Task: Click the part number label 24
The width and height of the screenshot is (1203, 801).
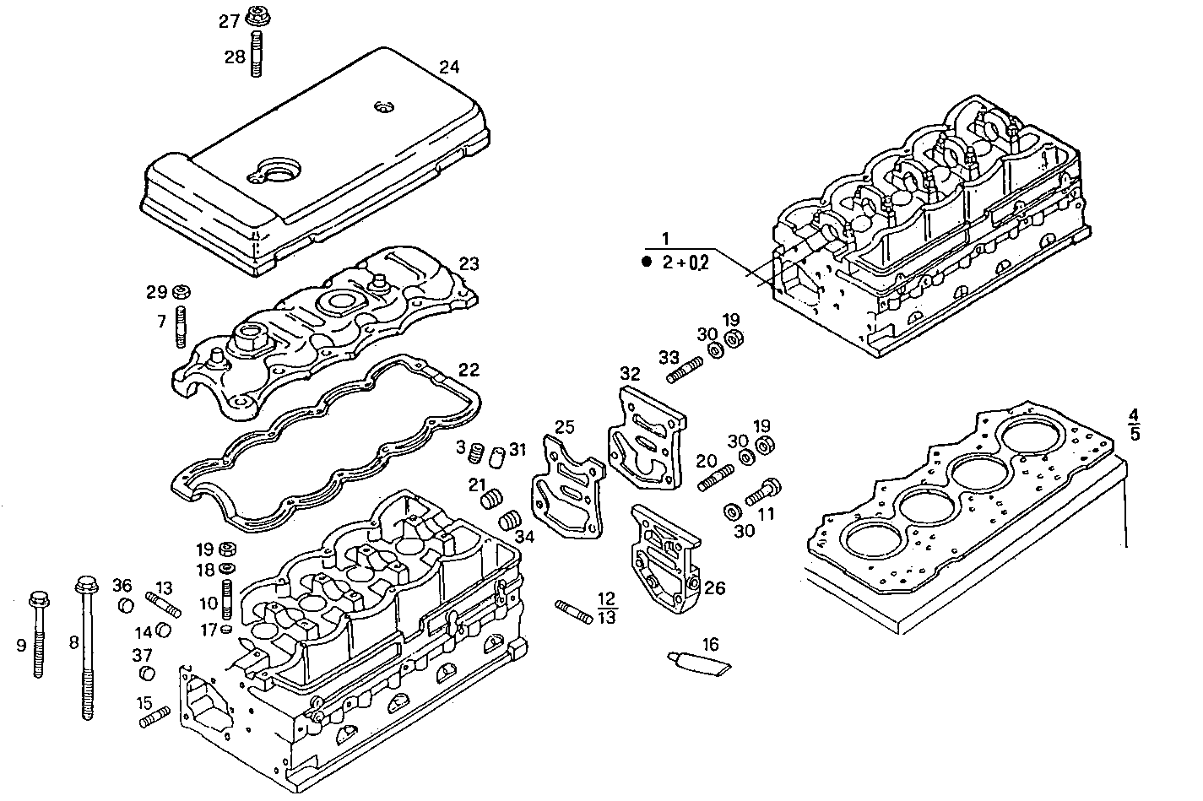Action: [x=449, y=67]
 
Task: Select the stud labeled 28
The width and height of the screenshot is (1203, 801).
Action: [x=257, y=54]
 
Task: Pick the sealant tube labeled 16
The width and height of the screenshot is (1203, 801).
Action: [x=700, y=663]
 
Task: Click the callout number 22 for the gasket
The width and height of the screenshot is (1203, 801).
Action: [x=469, y=370]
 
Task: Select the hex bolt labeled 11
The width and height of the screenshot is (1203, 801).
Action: [x=761, y=490]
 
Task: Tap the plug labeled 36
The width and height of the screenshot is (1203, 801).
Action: [x=124, y=605]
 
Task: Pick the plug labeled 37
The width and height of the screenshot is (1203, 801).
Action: [x=147, y=674]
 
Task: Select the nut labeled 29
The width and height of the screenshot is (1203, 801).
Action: [x=180, y=293]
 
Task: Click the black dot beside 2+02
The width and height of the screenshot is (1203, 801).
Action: [x=647, y=262]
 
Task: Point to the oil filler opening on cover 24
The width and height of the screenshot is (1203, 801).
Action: [x=277, y=169]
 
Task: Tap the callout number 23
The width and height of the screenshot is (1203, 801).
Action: [x=469, y=264]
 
